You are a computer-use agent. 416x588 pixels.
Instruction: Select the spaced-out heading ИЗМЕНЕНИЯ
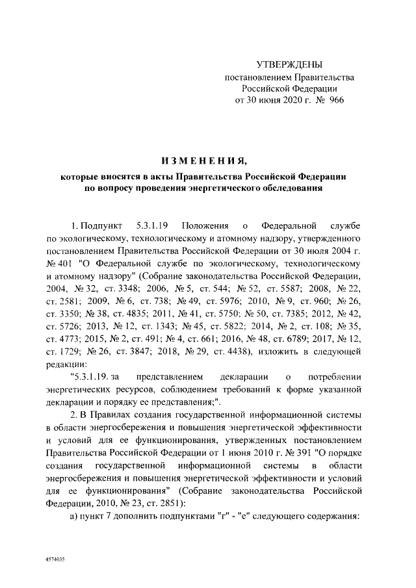click(x=204, y=160)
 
